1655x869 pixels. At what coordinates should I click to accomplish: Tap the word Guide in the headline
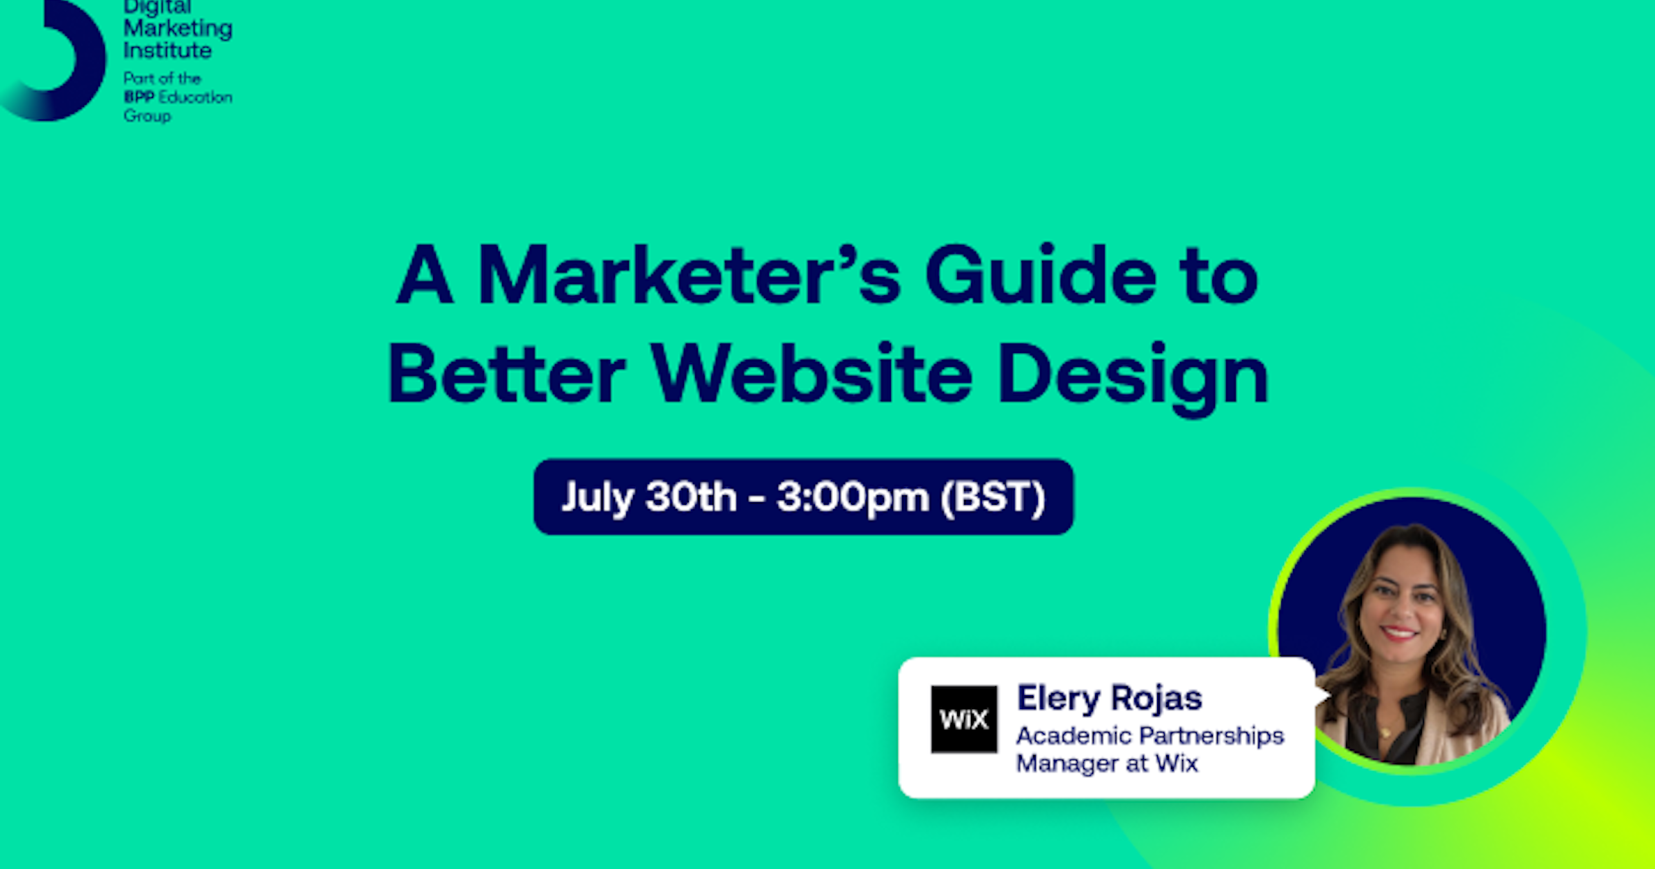(1041, 274)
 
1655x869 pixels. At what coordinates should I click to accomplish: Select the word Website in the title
(812, 373)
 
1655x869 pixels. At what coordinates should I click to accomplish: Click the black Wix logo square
(963, 719)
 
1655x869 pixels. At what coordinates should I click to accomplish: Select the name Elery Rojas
(1110, 699)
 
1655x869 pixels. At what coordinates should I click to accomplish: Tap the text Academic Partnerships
(1150, 737)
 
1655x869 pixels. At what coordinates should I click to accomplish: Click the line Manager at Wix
(1107, 763)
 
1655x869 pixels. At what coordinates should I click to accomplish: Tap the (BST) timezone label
(993, 497)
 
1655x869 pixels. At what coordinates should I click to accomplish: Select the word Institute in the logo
(168, 50)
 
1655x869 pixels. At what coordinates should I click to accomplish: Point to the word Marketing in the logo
(178, 30)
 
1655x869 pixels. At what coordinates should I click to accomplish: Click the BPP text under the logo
(139, 97)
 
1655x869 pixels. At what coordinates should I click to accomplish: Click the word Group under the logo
(148, 116)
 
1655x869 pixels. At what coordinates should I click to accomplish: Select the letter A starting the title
(425, 274)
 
